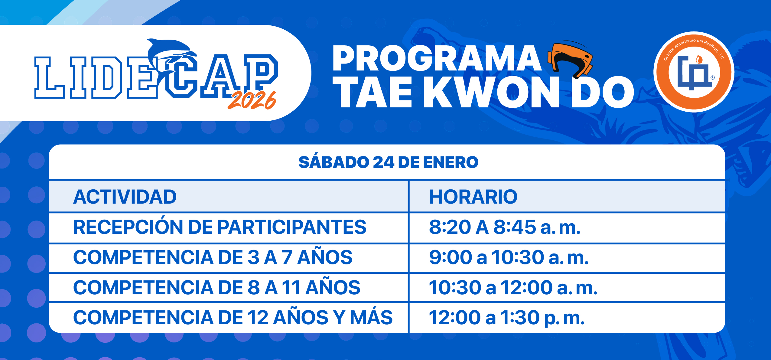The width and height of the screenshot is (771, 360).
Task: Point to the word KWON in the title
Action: (x=491, y=92)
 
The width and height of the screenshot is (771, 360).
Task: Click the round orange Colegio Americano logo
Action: (x=694, y=72)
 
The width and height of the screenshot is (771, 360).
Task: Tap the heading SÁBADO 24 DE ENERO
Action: (x=388, y=162)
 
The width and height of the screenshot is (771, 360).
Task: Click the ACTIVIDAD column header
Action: (x=125, y=197)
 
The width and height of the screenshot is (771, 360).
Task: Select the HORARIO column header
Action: (x=473, y=197)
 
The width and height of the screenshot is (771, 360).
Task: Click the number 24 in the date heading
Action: (x=383, y=162)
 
